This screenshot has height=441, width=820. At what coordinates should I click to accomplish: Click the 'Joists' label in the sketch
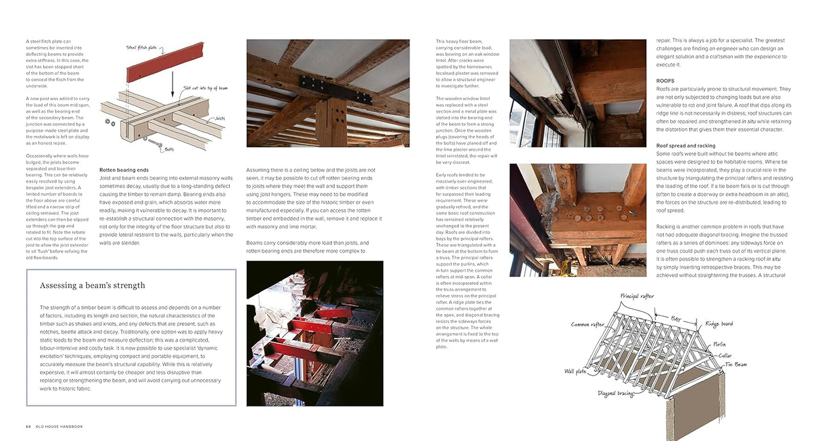click(216, 118)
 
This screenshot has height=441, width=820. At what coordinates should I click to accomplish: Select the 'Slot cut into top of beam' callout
click(205, 88)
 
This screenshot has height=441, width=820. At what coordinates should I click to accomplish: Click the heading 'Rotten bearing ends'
click(124, 170)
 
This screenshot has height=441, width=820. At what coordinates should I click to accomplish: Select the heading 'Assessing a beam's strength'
click(92, 285)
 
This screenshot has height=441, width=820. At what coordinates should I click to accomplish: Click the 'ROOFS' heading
click(665, 81)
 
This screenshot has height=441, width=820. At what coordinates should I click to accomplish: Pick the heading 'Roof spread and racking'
click(686, 146)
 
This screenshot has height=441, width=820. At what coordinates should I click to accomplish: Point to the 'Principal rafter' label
click(637, 296)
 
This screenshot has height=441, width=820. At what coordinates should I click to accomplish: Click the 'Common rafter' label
click(587, 324)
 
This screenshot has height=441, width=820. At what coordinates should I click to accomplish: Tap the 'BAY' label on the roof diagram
click(676, 320)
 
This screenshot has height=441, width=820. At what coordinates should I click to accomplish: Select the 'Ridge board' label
click(719, 324)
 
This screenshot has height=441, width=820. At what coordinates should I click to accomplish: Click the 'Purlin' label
click(719, 345)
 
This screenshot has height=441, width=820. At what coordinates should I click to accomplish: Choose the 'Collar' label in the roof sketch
click(725, 356)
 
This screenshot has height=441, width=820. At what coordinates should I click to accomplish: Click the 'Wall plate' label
click(575, 372)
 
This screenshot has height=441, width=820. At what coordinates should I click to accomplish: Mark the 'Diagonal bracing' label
click(615, 393)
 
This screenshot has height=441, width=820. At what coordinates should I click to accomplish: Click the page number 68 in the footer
click(29, 426)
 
